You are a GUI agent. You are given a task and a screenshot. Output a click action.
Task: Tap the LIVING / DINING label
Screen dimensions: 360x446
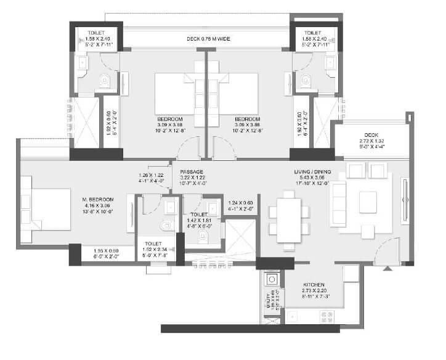pos(314,172)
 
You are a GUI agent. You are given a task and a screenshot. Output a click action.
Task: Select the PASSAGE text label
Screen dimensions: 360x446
pos(192,172)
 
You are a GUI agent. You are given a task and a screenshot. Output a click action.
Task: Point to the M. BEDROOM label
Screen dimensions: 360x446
pos(99,200)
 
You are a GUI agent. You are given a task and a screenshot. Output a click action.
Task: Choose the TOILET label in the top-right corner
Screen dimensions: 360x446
pos(313,32)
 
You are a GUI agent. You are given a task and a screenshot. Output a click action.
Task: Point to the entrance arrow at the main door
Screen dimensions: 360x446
pos(386,268)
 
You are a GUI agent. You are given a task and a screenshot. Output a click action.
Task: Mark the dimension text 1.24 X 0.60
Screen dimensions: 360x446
pos(241,203)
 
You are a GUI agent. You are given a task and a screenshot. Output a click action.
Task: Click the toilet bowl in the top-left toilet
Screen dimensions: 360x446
pos(105,79)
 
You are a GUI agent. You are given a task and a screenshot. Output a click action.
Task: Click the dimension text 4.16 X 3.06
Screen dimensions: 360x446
pos(99,207)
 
